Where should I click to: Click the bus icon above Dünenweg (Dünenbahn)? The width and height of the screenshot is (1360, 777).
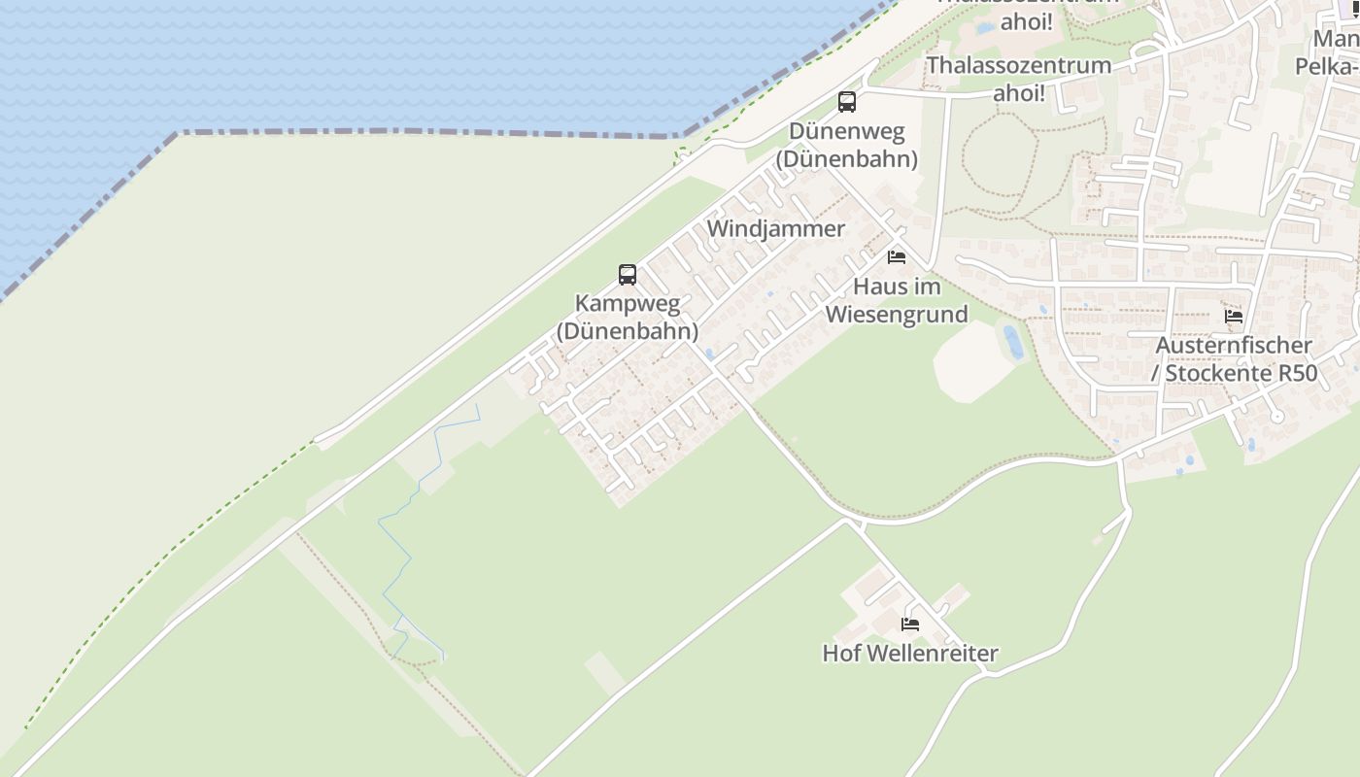coord(847,101)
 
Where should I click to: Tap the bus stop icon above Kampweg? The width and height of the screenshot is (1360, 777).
coord(628,274)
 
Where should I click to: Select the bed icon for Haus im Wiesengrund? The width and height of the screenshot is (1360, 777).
coord(897,257)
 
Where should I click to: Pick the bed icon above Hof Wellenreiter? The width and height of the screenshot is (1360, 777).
coord(910,624)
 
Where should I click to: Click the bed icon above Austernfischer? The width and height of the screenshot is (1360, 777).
coord(1234,316)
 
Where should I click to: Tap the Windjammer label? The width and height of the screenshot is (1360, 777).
coord(776,229)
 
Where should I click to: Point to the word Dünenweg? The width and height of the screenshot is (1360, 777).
coord(847,131)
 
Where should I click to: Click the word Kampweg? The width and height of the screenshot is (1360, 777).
coord(628,304)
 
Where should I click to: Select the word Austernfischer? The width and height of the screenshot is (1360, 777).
coord(1234,346)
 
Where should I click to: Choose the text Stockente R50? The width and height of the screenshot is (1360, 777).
coord(1241,374)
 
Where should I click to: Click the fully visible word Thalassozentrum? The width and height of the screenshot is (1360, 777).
coord(1019,66)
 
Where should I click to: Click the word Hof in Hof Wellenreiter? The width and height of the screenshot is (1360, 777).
coord(839,654)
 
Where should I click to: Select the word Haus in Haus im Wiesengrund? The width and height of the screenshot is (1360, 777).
coord(878,287)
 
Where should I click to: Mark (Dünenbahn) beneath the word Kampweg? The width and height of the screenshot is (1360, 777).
coord(628,331)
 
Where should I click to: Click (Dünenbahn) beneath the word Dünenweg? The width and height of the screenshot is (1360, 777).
coord(847,158)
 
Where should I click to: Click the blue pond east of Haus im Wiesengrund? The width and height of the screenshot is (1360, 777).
coord(1012,342)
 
